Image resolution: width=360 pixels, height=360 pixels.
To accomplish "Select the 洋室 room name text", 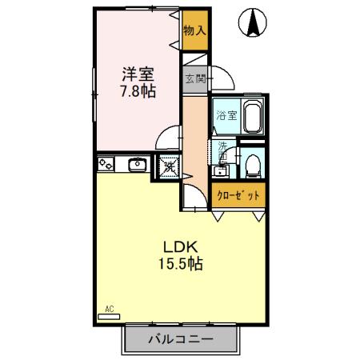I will [138, 74].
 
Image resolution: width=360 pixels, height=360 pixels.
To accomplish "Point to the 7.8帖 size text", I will [138, 91].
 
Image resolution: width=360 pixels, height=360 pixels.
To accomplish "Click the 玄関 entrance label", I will [194, 78].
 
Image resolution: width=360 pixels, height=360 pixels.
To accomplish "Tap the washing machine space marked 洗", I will [169, 166].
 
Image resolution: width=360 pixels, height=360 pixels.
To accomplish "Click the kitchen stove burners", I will [107, 166].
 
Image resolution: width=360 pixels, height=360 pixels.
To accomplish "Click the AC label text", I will [109, 307].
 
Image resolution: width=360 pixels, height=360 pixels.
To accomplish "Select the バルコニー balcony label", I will [180, 339].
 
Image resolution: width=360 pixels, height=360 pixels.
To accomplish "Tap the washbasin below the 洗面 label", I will [220, 170].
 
